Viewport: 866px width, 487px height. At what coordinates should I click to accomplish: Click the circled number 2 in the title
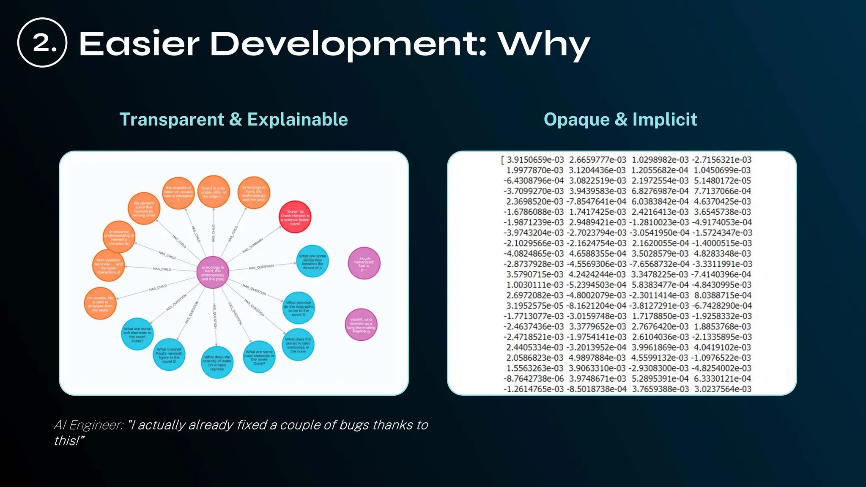(x=42, y=43)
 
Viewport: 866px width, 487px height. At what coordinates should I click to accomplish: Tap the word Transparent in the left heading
(x=171, y=120)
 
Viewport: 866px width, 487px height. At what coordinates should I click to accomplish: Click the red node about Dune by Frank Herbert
(x=295, y=217)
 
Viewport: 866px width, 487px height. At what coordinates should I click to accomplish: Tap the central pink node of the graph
(x=213, y=273)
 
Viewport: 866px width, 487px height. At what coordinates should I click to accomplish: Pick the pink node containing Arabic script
(x=364, y=263)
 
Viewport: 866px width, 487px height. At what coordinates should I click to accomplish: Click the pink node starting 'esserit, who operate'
(x=361, y=325)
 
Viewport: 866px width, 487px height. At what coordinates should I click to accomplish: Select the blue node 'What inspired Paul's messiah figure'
(x=169, y=355)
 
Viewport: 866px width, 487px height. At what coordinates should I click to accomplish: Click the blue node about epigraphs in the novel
(x=299, y=308)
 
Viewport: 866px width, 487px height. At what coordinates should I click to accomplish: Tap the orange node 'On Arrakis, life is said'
(x=100, y=304)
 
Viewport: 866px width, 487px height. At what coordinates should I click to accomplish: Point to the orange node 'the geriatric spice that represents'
(x=144, y=208)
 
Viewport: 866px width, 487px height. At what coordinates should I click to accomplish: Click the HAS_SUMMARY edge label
(x=252, y=245)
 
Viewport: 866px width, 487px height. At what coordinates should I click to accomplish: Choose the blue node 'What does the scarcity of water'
(x=217, y=362)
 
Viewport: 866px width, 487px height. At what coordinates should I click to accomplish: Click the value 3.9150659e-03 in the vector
(x=535, y=160)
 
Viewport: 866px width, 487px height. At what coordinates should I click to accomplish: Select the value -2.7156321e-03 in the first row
(x=721, y=160)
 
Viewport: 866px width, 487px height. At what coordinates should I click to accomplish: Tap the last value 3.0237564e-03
(x=723, y=389)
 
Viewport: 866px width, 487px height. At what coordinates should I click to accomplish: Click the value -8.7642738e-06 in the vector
(x=533, y=379)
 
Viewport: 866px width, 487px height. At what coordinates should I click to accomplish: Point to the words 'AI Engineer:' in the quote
(x=88, y=425)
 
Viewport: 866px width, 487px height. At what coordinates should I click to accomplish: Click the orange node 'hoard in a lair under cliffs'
(x=213, y=192)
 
